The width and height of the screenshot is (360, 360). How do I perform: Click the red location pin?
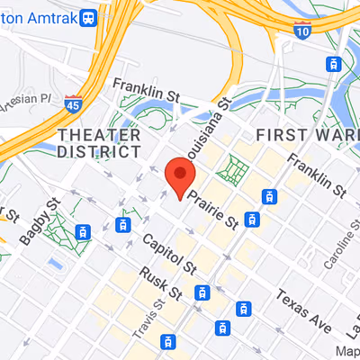(181, 175)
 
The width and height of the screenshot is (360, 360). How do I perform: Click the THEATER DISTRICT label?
(99, 144)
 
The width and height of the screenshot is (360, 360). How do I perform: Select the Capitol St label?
(170, 255)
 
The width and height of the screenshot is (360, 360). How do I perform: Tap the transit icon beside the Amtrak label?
(88, 17)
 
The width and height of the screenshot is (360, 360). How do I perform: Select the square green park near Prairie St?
(236, 168)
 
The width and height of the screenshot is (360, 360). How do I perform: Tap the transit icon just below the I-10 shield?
(332, 64)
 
